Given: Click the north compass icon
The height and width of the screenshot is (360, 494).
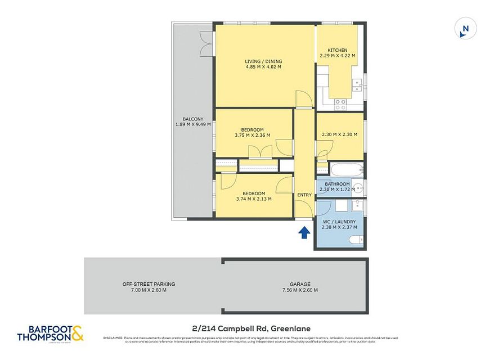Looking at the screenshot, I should [465, 29].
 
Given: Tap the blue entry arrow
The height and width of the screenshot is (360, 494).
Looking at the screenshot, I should [304, 232].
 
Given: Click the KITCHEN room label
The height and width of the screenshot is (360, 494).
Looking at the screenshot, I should [337, 50].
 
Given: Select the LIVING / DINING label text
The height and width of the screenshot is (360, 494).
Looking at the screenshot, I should [263, 61].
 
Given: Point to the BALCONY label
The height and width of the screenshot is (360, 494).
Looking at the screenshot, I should [192, 119].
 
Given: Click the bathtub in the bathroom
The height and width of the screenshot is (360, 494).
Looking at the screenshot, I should [346, 169].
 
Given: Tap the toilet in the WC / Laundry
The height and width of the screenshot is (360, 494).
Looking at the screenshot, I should [356, 241].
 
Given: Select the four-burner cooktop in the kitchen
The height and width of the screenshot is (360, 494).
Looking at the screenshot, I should [340, 103].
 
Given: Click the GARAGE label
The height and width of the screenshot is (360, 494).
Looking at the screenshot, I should [300, 284].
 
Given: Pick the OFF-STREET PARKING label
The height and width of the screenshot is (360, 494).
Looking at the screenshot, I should [149, 284].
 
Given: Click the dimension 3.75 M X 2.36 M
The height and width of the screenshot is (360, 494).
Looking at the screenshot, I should [252, 135].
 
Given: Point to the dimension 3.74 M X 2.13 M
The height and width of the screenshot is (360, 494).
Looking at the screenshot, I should [253, 199].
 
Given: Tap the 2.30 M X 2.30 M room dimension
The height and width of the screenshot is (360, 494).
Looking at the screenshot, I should [339, 134].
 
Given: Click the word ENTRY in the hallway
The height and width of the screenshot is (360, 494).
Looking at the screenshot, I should [304, 195].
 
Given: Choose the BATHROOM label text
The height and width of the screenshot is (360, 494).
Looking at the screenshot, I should [338, 184].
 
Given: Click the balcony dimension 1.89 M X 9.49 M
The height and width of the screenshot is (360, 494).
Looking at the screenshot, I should [192, 124].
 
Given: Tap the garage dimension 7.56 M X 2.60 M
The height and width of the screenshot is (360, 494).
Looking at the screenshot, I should [300, 290].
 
